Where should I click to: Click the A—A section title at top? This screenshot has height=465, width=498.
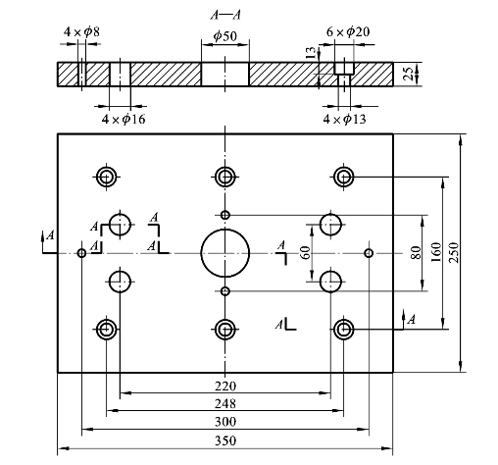[x=225, y=15]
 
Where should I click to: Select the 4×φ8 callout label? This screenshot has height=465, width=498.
[x=81, y=32]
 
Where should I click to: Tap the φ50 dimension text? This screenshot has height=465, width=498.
[x=225, y=36]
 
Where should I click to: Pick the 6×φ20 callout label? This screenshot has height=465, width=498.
[x=348, y=31]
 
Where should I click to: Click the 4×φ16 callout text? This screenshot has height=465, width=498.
[x=124, y=119]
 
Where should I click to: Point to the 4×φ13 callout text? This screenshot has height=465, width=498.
[x=345, y=119]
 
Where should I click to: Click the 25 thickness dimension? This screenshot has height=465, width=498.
[x=408, y=74]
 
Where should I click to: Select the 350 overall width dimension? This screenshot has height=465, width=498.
[x=225, y=440]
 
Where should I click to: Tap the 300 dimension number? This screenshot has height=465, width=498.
[x=225, y=422]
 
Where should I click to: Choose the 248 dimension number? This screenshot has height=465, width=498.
[x=225, y=404]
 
